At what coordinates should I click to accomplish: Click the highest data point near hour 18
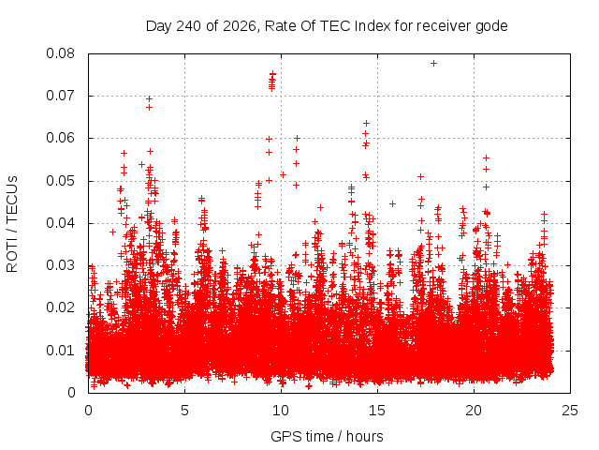[433, 63]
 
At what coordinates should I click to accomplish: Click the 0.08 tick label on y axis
[60, 53]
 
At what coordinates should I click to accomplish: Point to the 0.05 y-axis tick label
[60, 181]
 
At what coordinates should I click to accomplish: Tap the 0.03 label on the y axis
[60, 265]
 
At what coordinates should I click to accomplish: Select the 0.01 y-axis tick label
[60, 350]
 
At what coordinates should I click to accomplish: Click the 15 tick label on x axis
[377, 411]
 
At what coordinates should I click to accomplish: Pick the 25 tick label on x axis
[570, 411]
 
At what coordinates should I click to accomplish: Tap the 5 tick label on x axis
[185, 411]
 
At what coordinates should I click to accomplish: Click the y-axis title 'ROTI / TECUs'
[12, 224]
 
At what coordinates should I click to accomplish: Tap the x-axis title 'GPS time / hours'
[327, 436]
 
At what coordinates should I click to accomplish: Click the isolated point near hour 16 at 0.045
[392, 204]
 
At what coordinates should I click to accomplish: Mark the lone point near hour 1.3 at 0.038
[112, 232]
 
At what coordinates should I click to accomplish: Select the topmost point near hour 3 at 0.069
[150, 99]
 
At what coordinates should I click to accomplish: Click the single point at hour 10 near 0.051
[283, 175]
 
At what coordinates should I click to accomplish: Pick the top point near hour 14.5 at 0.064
[366, 123]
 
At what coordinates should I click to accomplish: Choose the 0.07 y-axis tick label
[60, 96]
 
